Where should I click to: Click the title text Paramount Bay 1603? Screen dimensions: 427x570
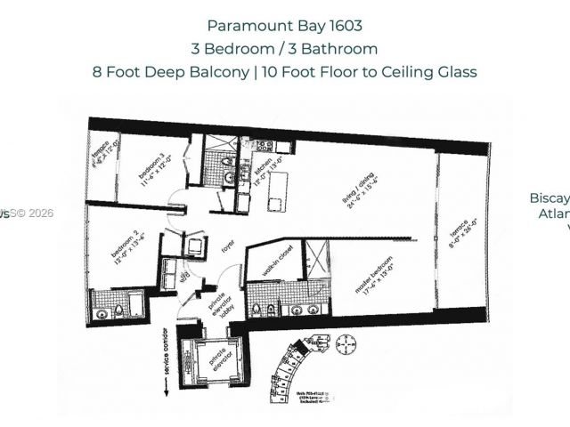point(285,26)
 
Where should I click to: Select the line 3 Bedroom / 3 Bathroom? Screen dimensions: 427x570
point(285,49)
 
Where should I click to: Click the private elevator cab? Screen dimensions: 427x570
point(209,357)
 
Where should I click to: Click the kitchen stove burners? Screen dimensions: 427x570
point(265,145)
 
